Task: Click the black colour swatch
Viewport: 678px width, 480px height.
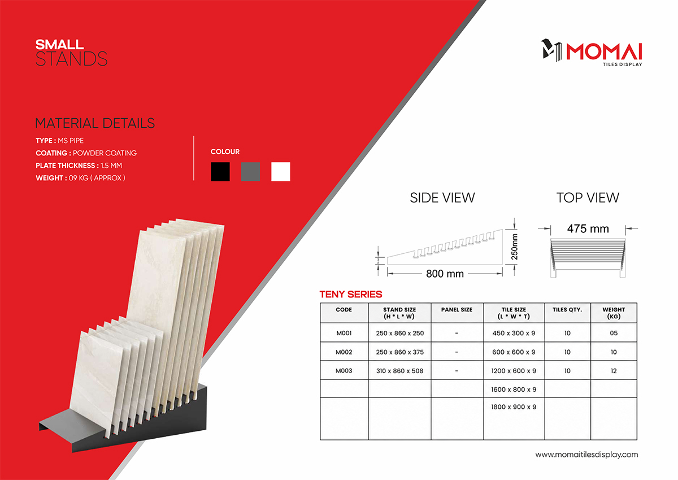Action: pyautogui.click(x=220, y=171)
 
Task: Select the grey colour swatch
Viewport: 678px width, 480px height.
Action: pyautogui.click(x=250, y=171)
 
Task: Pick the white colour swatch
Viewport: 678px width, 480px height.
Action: pyautogui.click(x=281, y=171)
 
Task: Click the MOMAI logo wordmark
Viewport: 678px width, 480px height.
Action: pyautogui.click(x=605, y=52)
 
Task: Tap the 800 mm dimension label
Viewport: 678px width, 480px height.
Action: pyautogui.click(x=445, y=274)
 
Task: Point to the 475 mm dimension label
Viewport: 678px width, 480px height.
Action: pyautogui.click(x=588, y=228)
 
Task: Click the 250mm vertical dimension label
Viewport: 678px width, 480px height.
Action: pyautogui.click(x=514, y=247)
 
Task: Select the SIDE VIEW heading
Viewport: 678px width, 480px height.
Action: pyautogui.click(x=442, y=198)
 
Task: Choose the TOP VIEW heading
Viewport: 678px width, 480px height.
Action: pyautogui.click(x=588, y=198)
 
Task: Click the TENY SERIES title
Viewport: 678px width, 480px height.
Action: pyautogui.click(x=351, y=294)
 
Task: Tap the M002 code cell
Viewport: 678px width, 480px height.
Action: pyautogui.click(x=344, y=352)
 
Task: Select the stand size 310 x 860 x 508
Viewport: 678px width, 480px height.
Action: pyautogui.click(x=399, y=371)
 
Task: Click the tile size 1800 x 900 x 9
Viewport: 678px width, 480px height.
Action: pyautogui.click(x=514, y=407)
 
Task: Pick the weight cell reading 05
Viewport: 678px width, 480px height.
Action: pyautogui.click(x=614, y=333)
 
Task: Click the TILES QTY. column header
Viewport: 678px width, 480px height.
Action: pyautogui.click(x=567, y=309)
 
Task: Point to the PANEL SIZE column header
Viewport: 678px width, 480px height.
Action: pyautogui.click(x=457, y=309)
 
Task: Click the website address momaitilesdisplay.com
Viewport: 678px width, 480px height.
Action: pyautogui.click(x=586, y=455)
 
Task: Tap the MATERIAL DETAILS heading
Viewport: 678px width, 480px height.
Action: pyautogui.click(x=95, y=123)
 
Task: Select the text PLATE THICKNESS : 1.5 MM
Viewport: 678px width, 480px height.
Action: pyautogui.click(x=79, y=165)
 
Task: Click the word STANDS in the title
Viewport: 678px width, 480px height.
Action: pyautogui.click(x=71, y=59)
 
